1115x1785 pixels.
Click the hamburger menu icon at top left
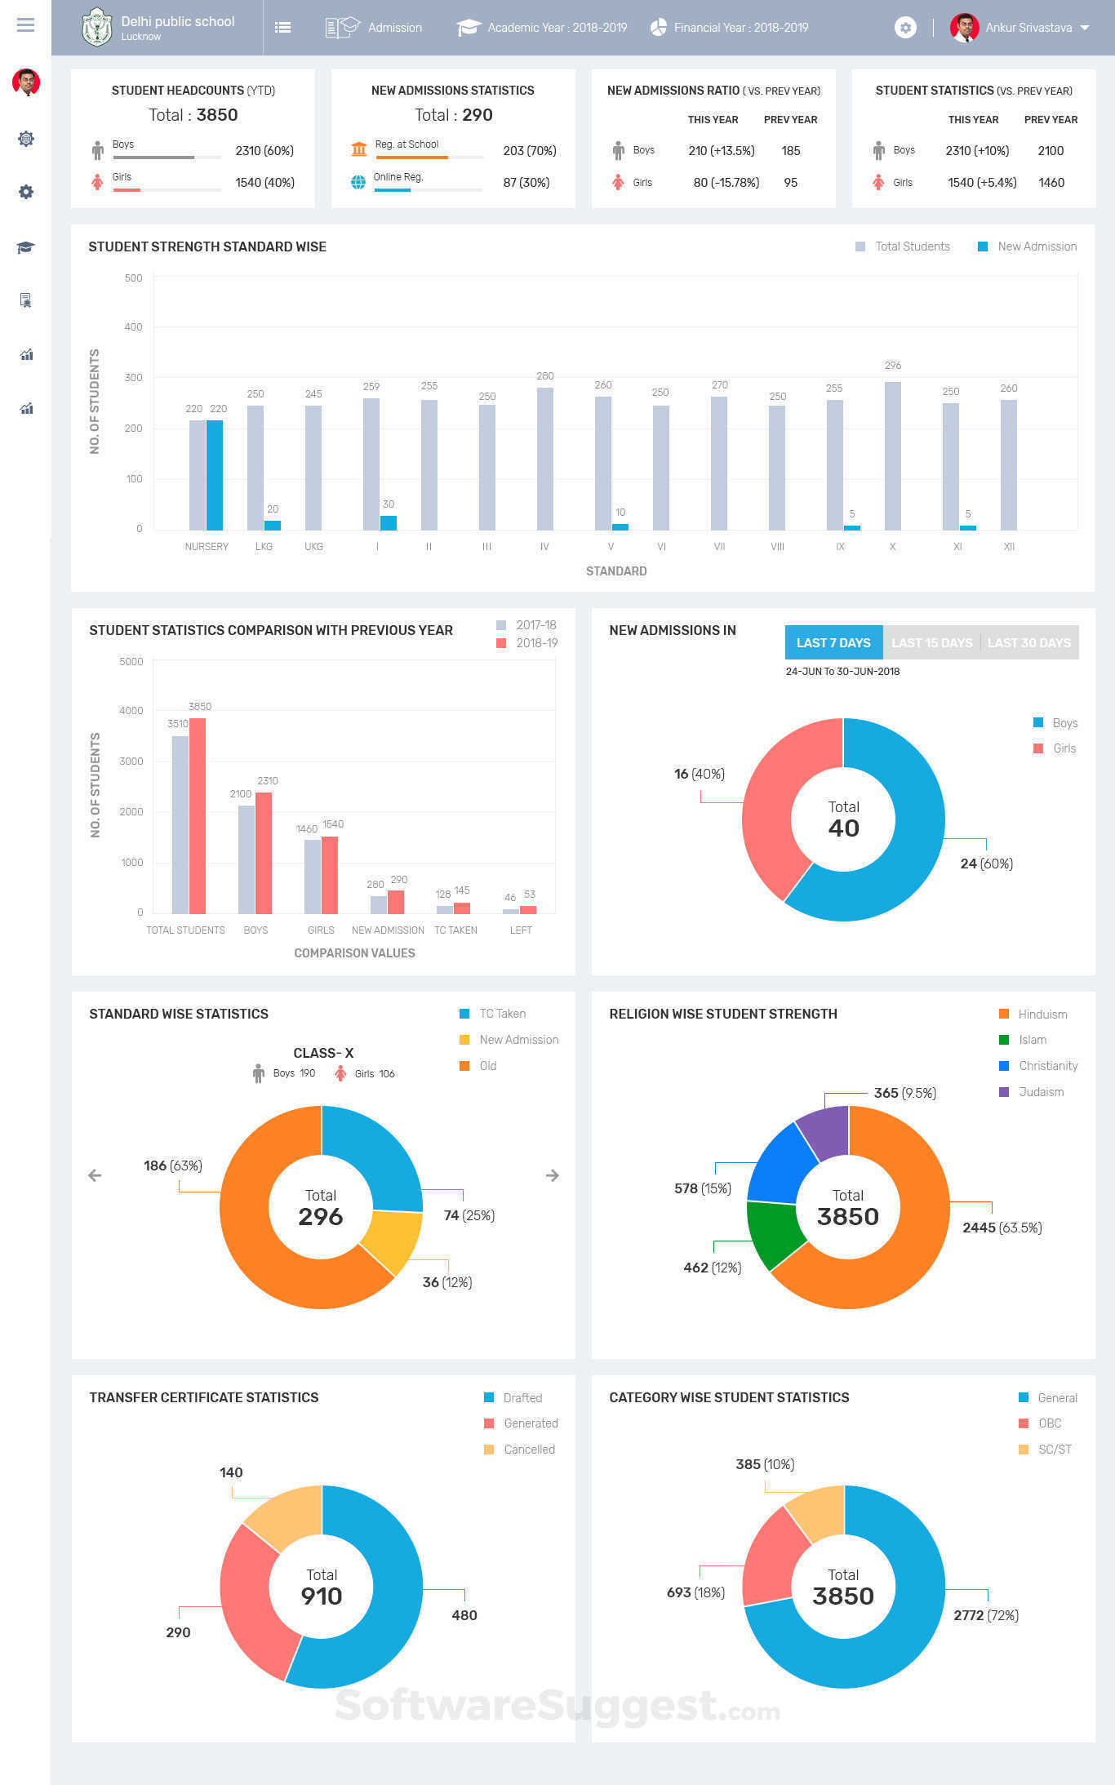[25, 25]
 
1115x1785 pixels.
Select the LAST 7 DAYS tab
[833, 643]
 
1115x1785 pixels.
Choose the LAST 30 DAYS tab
[1028, 643]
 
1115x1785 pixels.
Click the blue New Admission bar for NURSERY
[215, 475]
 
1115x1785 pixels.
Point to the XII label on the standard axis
[1009, 547]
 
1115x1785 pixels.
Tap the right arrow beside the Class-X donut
[553, 1175]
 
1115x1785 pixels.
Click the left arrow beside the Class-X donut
[95, 1175]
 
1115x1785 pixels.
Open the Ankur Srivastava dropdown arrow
[1085, 28]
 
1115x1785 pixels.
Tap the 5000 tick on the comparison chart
[131, 662]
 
